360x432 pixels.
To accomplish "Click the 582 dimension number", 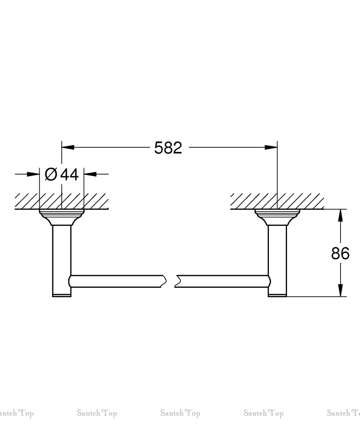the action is point(168,148).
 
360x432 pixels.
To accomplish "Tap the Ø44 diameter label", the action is point(62,174).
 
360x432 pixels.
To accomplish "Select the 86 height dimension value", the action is point(341,253).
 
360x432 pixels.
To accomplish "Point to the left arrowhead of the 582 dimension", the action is point(68,147).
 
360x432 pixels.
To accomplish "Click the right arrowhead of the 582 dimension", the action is point(271,147).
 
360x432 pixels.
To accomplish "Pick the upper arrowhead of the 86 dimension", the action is point(341,216).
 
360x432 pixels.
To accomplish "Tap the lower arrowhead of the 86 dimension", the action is point(341,290).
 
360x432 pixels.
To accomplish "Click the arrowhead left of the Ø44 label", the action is point(33,174).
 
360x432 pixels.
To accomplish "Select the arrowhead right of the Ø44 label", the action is point(90,174).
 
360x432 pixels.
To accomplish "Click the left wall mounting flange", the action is point(62,217).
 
